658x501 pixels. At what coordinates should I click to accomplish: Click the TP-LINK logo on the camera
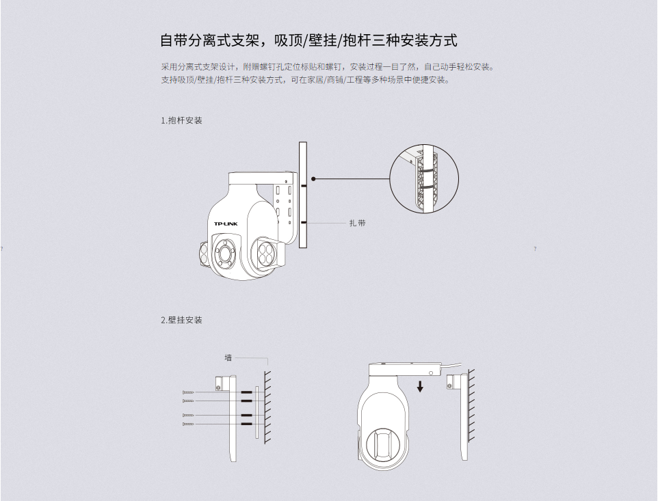click(x=226, y=224)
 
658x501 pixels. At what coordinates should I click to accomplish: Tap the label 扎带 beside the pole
click(x=358, y=223)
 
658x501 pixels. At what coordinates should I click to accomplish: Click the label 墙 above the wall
click(x=228, y=357)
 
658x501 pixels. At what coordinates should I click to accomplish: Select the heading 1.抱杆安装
click(x=182, y=120)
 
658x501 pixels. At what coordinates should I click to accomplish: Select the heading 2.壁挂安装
click(x=182, y=320)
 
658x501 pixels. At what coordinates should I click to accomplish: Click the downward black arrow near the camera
click(x=420, y=386)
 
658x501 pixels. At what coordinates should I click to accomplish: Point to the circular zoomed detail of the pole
click(x=424, y=178)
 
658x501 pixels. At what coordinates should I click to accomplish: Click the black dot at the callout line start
click(x=313, y=178)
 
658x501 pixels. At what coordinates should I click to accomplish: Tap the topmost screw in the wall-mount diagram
click(x=189, y=392)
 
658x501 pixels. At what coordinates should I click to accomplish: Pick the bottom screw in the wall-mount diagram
click(x=189, y=424)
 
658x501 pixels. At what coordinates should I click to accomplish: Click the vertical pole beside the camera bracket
click(x=303, y=195)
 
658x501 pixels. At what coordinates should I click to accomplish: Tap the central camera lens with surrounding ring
click(x=224, y=253)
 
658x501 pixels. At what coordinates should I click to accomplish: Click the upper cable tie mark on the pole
click(x=304, y=185)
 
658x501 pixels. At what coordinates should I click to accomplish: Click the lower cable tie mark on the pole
click(x=304, y=223)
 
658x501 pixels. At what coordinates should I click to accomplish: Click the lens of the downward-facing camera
click(x=384, y=444)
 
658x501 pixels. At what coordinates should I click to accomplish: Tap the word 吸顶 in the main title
click(x=288, y=40)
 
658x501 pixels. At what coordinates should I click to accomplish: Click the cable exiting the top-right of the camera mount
click(x=453, y=365)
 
